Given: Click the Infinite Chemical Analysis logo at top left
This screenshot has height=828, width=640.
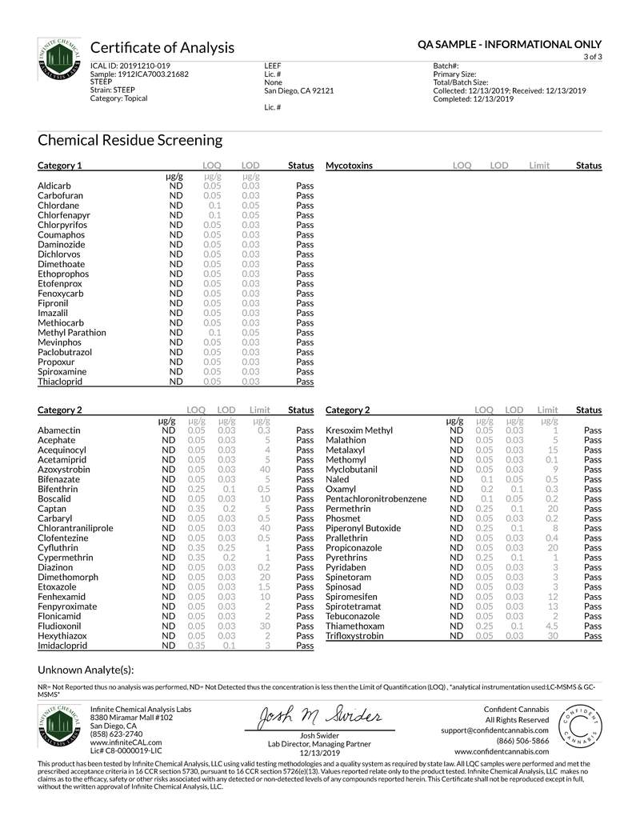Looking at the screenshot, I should coord(58,59).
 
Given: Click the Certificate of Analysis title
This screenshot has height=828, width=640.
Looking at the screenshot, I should coord(162,47).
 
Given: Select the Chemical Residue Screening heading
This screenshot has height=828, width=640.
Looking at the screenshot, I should coord(130,141).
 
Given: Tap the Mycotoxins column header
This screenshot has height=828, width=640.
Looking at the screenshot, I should coord(349,166).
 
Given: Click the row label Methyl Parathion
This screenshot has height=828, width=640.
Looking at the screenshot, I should coord(72,333).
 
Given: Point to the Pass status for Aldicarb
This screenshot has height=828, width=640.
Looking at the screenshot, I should coord(304,186).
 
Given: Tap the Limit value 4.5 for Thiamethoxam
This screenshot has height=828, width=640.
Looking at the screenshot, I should coord(551,626).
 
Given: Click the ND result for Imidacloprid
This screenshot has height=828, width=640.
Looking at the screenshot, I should coord(168,646).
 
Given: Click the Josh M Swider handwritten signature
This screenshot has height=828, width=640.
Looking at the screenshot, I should coord(318,717).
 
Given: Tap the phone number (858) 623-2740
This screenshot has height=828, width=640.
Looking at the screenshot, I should coord(117,734).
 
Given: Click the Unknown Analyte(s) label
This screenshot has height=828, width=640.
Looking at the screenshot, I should coord(86,670).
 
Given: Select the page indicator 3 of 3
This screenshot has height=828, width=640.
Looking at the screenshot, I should coord(593,57).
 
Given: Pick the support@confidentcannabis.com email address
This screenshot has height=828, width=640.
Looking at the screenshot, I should coord(494,730).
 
